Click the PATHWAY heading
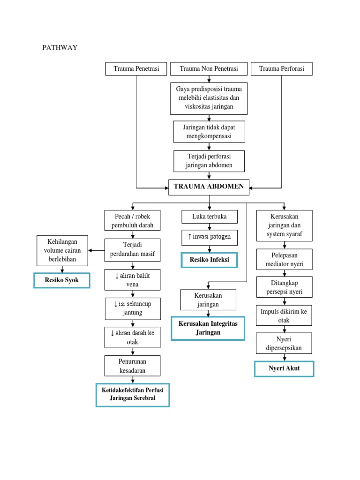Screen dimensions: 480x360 [60, 47]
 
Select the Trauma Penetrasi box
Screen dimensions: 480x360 [136, 69]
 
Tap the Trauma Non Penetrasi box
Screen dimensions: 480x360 [209, 69]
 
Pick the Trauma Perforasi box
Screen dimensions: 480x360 [282, 69]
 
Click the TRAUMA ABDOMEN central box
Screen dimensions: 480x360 [209, 187]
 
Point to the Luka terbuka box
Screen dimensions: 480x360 [210, 217]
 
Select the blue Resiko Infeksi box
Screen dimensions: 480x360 [210, 259]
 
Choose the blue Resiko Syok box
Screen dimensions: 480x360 [62, 280]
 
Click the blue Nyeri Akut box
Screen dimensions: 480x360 [284, 368]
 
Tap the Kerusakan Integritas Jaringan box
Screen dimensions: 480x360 [208, 328]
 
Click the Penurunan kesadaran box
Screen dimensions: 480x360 [133, 366]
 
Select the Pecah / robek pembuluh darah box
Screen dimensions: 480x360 [133, 221]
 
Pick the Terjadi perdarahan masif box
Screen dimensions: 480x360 [133, 250]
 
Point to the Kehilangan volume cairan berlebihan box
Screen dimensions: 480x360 [62, 250]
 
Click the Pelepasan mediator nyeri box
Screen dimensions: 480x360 [284, 260]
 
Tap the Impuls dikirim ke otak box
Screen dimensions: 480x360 [284, 315]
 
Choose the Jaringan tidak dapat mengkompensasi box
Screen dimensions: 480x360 [209, 132]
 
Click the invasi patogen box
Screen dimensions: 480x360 [210, 237]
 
